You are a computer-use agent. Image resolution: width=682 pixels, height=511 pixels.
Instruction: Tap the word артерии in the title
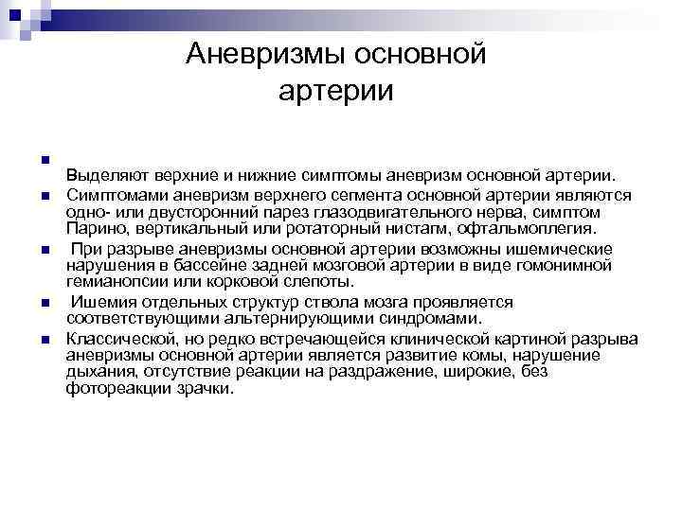[x=335, y=92]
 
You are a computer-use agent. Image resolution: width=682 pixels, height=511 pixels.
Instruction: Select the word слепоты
[x=323, y=282]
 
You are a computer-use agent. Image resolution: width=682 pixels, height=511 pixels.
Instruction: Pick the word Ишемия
[x=100, y=302]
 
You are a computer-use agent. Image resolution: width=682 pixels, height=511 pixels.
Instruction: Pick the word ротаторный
[x=298, y=228]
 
